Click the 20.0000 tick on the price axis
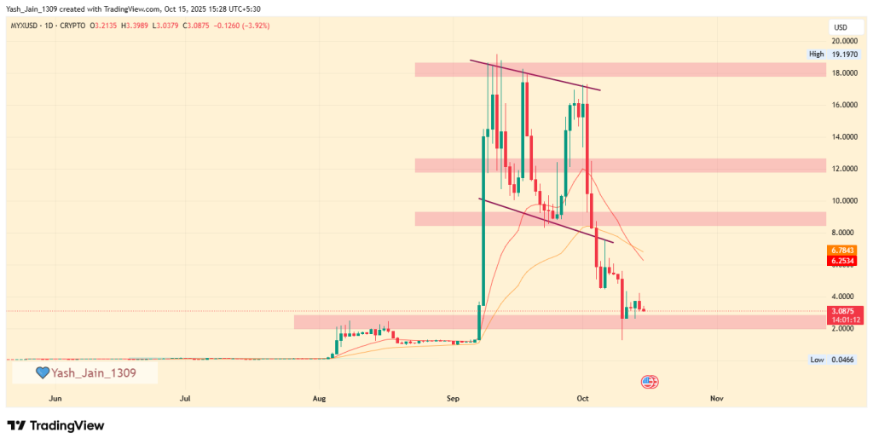tap(844, 41)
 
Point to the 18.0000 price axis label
tap(844, 72)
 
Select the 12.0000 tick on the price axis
tap(844, 169)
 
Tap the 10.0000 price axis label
tap(844, 200)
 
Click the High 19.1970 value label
tap(832, 55)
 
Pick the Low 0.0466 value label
tap(832, 360)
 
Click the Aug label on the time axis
tap(320, 398)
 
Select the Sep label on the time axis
tap(452, 398)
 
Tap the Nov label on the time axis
tap(716, 398)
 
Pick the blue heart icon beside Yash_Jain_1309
tap(42, 372)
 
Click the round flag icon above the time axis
tap(650, 382)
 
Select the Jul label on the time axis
tap(186, 398)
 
